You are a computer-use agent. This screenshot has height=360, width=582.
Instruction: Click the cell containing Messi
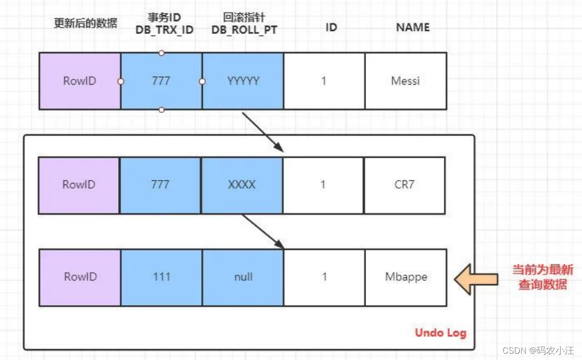click(406, 81)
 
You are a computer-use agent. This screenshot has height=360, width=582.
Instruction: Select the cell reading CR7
click(405, 185)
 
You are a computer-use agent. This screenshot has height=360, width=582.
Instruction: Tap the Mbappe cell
click(406, 277)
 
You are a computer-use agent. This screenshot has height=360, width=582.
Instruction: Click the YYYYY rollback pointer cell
click(243, 81)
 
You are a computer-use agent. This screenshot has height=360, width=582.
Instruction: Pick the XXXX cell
click(242, 185)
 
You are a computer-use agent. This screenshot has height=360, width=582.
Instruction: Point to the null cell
click(243, 277)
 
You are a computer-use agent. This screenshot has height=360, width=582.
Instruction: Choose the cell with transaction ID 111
click(161, 277)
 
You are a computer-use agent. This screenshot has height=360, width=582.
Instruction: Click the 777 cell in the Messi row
click(161, 81)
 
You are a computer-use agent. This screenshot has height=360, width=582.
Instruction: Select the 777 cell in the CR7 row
click(160, 185)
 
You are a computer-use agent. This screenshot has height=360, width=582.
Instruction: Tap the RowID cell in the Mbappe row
click(80, 277)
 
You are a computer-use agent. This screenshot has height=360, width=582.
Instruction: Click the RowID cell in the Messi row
click(80, 81)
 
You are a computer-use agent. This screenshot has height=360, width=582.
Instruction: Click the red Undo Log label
click(440, 333)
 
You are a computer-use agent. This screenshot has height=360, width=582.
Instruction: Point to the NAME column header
click(413, 27)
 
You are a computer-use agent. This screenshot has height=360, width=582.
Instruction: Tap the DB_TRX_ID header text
click(164, 30)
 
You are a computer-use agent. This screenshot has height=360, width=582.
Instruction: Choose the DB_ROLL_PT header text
click(244, 30)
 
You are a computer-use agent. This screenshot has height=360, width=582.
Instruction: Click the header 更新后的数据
click(86, 24)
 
